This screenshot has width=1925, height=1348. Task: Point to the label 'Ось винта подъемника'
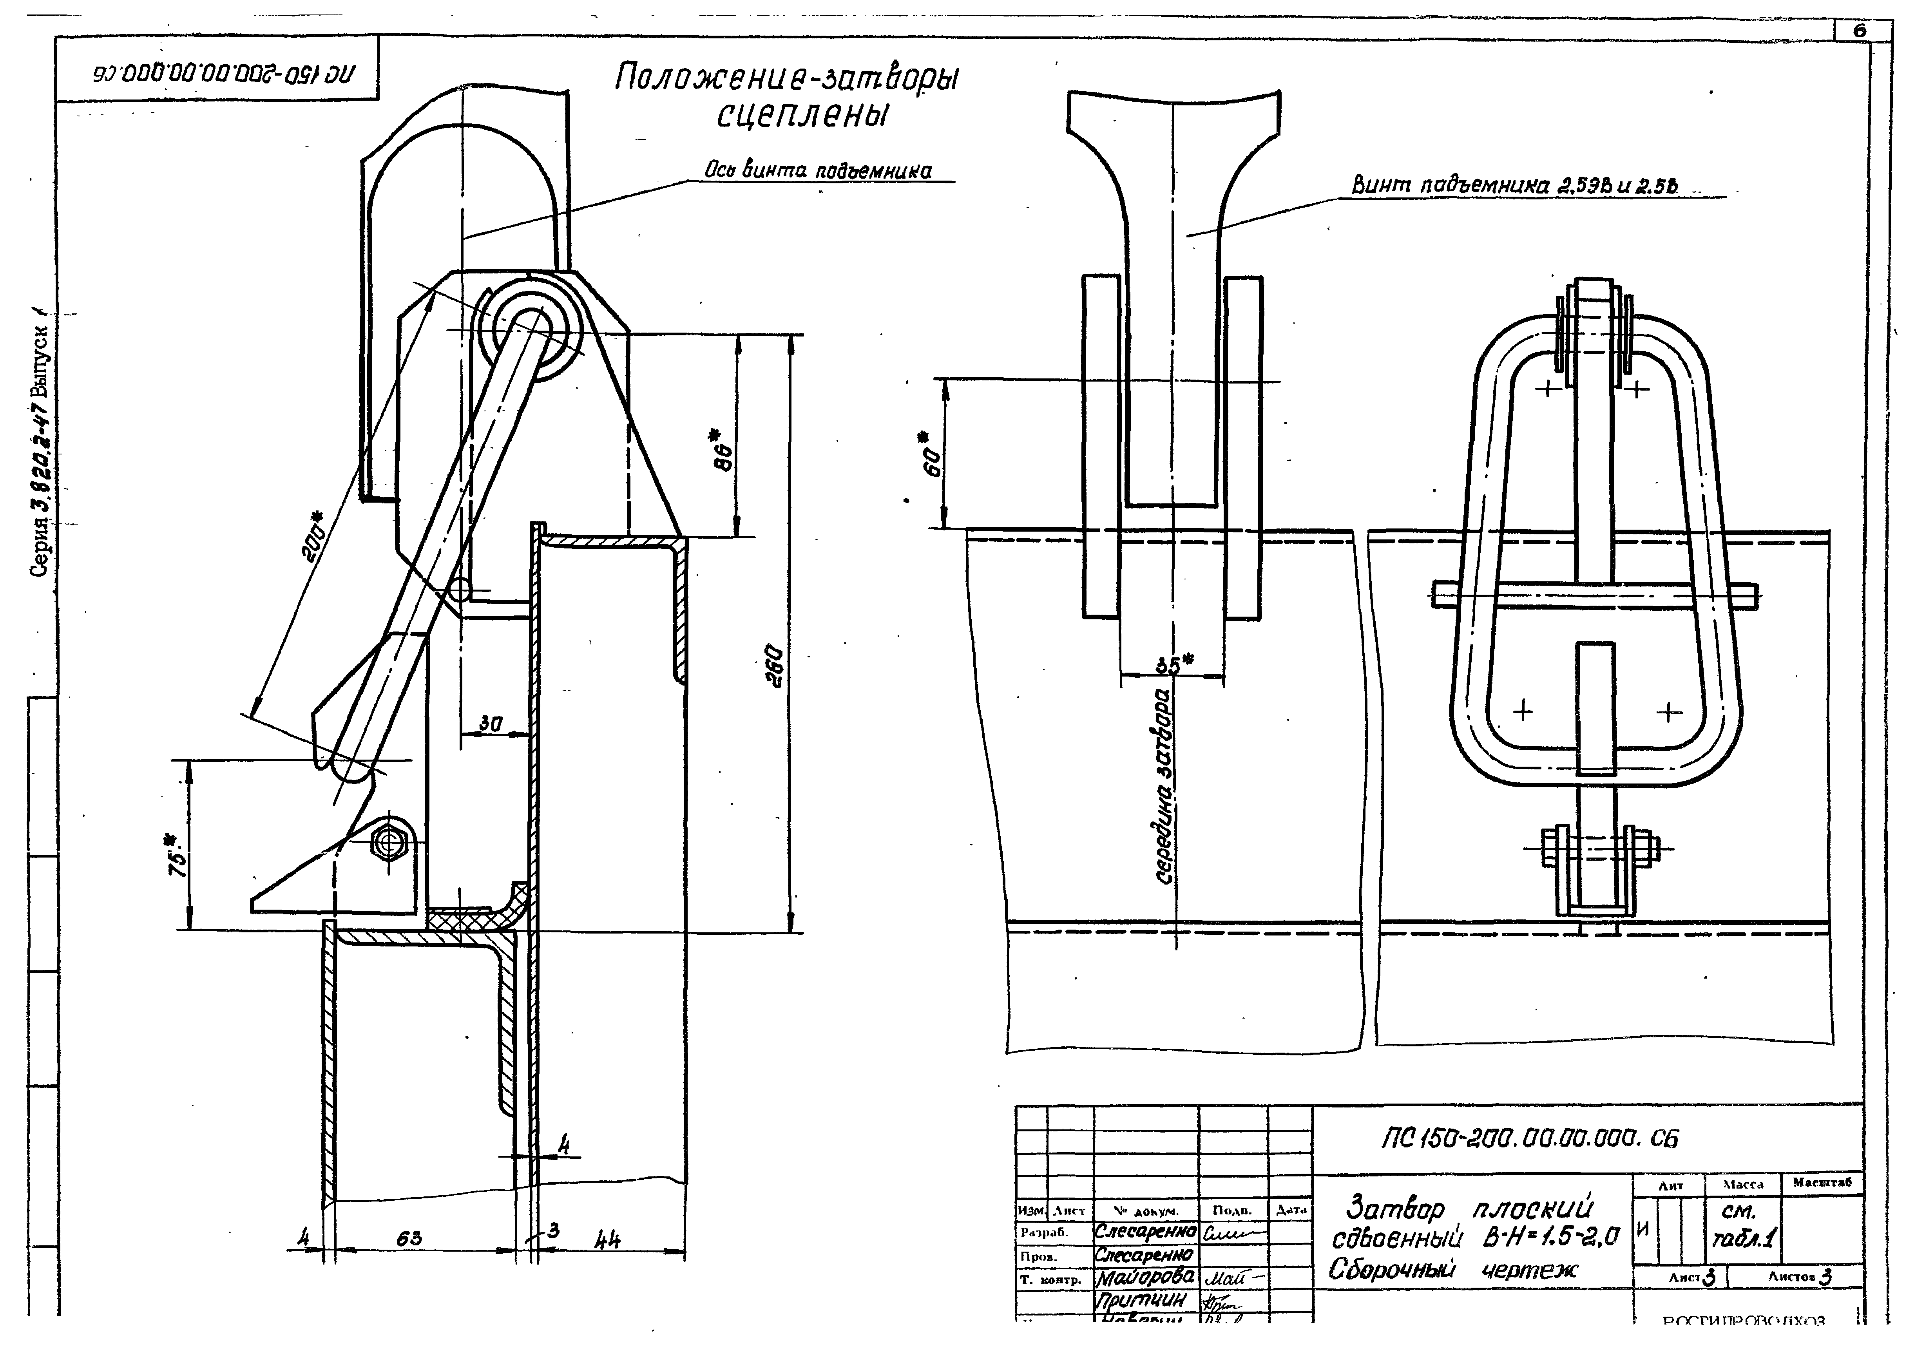tap(818, 171)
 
